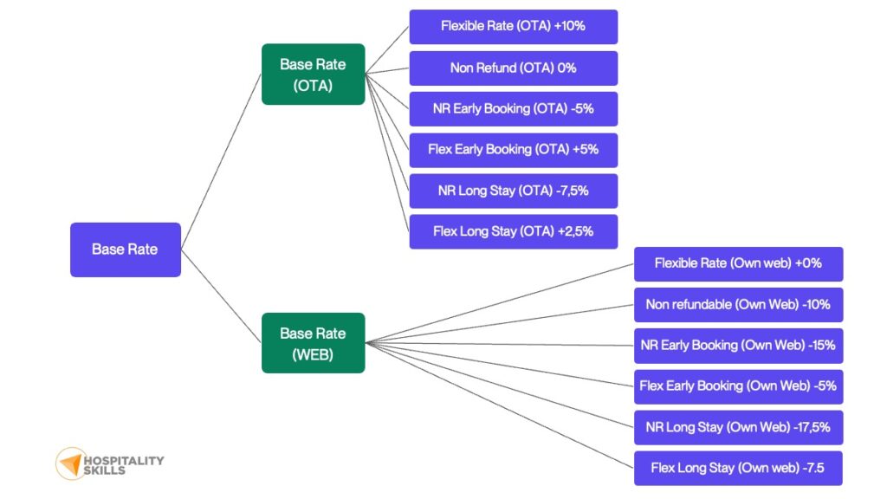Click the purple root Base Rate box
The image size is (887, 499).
(125, 249)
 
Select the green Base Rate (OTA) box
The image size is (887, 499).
(313, 75)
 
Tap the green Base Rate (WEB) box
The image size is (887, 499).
(313, 343)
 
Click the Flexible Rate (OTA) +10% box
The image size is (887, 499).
(513, 27)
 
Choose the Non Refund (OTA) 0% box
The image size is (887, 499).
(513, 68)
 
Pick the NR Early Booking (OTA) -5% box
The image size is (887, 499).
(513, 109)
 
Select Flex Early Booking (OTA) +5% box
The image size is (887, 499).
(513, 150)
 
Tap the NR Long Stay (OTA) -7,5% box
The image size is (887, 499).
(513, 191)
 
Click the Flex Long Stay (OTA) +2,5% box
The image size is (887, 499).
(513, 231)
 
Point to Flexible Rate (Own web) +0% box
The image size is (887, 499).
(738, 263)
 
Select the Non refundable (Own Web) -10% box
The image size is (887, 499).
(738, 304)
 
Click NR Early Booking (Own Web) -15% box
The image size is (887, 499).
(738, 345)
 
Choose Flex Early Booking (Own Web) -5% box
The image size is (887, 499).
(738, 386)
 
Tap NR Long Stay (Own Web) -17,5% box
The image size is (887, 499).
(738, 427)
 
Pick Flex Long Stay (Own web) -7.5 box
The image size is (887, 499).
(738, 468)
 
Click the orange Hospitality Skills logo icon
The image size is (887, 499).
(69, 463)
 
